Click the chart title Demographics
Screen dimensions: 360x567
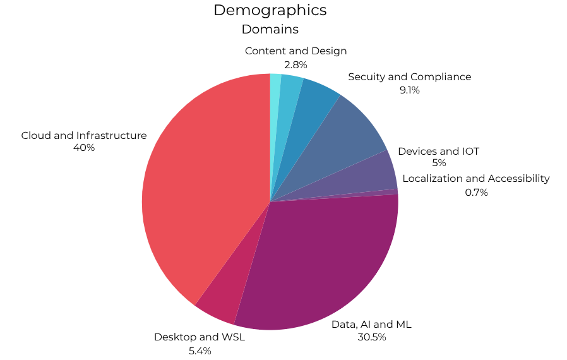pyautogui.click(x=270, y=10)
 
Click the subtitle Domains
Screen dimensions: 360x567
pyautogui.click(x=270, y=29)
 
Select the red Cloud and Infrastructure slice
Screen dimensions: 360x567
pyautogui.click(x=202, y=183)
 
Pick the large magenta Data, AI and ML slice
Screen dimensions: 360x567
pyautogui.click(x=322, y=259)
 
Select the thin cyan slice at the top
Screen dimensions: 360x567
pyautogui.click(x=275, y=88)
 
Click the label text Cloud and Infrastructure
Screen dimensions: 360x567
pyautogui.click(x=84, y=135)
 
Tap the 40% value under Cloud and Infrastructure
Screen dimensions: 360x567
pyautogui.click(x=84, y=148)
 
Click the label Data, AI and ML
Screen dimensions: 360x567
pyautogui.click(x=371, y=324)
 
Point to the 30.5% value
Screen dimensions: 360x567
pyautogui.click(x=371, y=337)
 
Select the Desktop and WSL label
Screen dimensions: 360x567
pyautogui.click(x=200, y=337)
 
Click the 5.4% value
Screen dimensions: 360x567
pyautogui.click(x=200, y=351)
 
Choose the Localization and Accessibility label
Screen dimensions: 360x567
pyautogui.click(x=475, y=179)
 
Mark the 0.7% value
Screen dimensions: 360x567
pyautogui.click(x=476, y=192)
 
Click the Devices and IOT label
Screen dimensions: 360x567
pyautogui.click(x=438, y=152)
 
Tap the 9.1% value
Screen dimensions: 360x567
pyautogui.click(x=409, y=90)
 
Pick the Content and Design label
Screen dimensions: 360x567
pyautogui.click(x=295, y=51)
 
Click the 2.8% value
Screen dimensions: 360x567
pyautogui.click(x=295, y=64)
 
